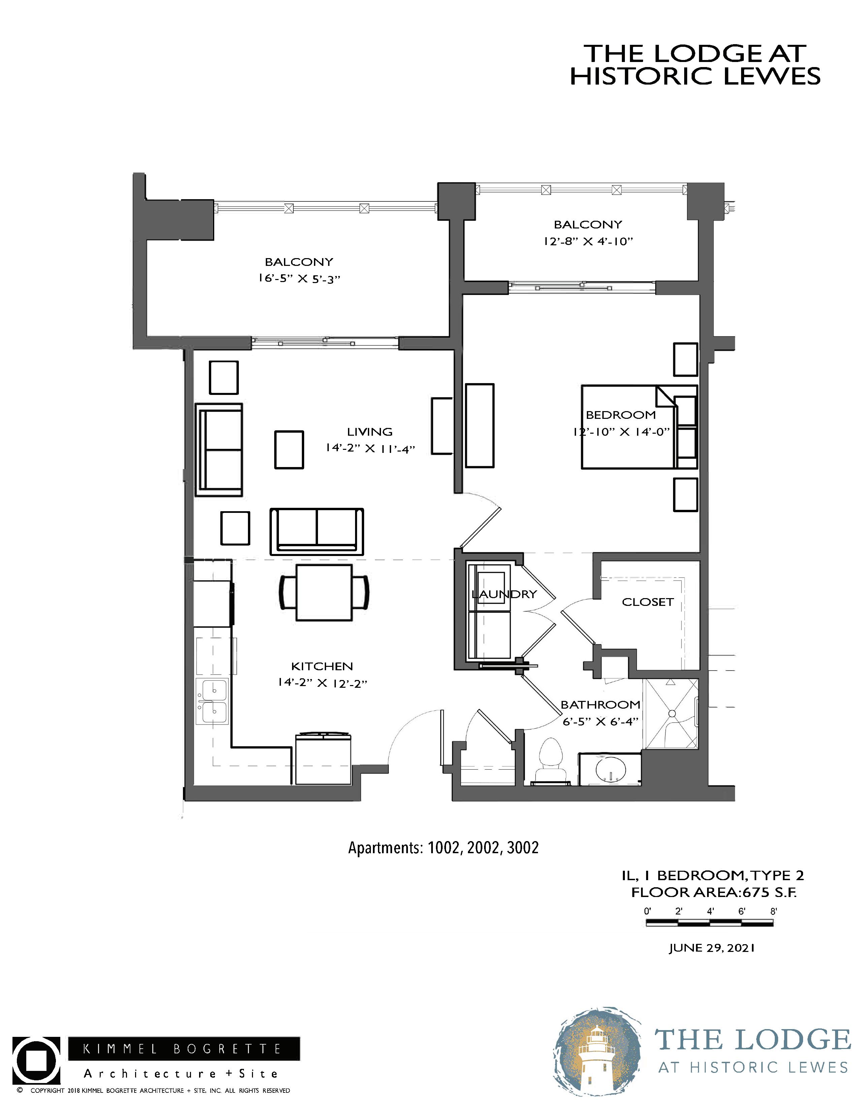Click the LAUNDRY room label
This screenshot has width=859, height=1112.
pyautogui.click(x=504, y=594)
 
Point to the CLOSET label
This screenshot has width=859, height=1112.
pyautogui.click(x=648, y=602)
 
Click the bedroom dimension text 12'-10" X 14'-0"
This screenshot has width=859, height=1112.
pyautogui.click(x=620, y=432)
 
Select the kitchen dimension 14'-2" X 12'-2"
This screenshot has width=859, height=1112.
pyautogui.click(x=322, y=683)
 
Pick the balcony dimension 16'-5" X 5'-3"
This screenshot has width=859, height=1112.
pyautogui.click(x=299, y=279)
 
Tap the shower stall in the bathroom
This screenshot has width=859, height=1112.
pyautogui.click(x=671, y=713)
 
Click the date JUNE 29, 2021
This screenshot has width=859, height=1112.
pyautogui.click(x=711, y=948)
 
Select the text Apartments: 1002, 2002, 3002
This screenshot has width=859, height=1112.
pyautogui.click(x=443, y=848)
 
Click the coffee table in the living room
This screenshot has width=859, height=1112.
pyautogui.click(x=289, y=449)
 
